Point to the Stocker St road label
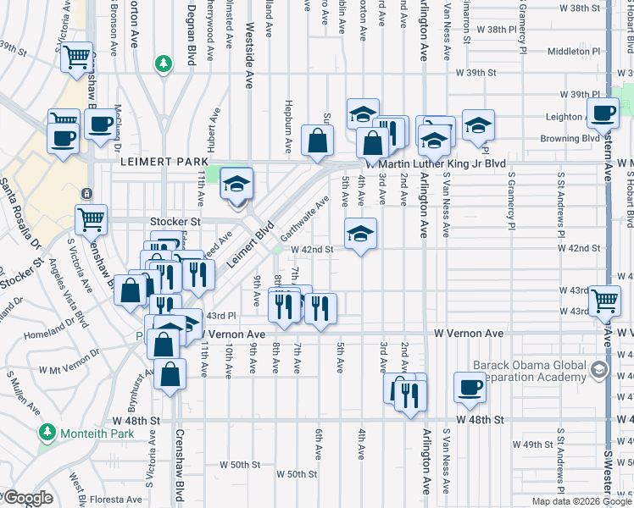[181, 221]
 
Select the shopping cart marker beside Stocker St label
[91, 219]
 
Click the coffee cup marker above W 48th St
[469, 387]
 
